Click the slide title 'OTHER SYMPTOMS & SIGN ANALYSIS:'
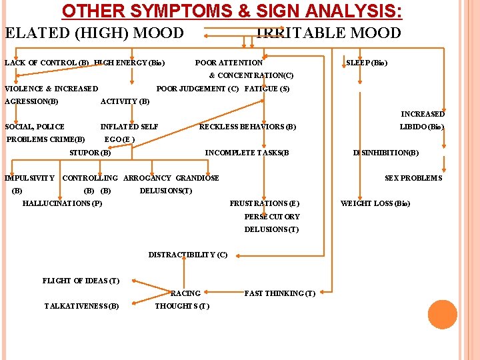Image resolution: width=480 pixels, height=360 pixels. click(x=232, y=11)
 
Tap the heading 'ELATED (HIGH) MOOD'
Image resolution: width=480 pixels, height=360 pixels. click(x=94, y=33)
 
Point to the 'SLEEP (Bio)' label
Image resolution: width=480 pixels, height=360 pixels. click(x=367, y=63)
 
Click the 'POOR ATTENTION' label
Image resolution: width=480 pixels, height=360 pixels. click(x=229, y=63)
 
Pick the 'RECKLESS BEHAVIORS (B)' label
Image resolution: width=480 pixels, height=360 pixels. click(x=247, y=127)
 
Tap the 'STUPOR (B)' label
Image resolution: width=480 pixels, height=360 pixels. click(x=90, y=153)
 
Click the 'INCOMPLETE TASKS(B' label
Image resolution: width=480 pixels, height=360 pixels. click(x=247, y=153)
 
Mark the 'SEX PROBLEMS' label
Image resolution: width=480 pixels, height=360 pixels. click(x=413, y=178)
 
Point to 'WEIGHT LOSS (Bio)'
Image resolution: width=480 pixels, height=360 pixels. click(x=375, y=203)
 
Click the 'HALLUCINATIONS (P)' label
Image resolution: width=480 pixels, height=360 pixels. click(x=62, y=203)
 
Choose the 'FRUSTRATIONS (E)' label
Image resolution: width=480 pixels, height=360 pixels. click(x=265, y=203)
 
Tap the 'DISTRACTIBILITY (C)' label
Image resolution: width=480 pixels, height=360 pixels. click(x=187, y=255)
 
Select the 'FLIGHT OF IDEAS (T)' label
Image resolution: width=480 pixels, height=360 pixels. click(x=81, y=281)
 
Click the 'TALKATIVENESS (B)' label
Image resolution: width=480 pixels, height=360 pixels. click(x=81, y=306)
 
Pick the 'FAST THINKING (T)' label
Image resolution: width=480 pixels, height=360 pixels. click(x=280, y=293)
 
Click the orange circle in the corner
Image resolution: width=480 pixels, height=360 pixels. click(x=442, y=315)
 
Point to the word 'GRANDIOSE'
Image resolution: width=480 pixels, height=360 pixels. click(x=197, y=178)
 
